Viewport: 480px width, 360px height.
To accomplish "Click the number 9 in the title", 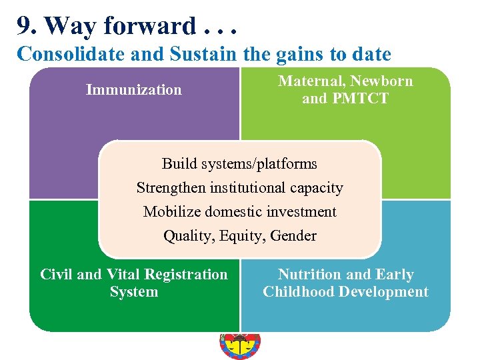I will tap(24, 26).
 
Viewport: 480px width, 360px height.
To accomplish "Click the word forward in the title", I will tap(151, 26).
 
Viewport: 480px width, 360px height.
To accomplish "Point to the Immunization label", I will tap(133, 89).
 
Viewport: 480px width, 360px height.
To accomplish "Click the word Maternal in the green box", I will tap(311, 81).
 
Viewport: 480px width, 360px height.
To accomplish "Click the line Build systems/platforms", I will tap(239, 163).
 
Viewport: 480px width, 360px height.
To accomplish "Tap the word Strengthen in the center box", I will tap(171, 188).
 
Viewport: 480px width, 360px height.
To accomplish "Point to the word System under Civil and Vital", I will tap(134, 292).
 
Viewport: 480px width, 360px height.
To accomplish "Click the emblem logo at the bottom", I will tap(240, 345).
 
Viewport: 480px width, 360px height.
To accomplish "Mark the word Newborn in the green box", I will tap(382, 81).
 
